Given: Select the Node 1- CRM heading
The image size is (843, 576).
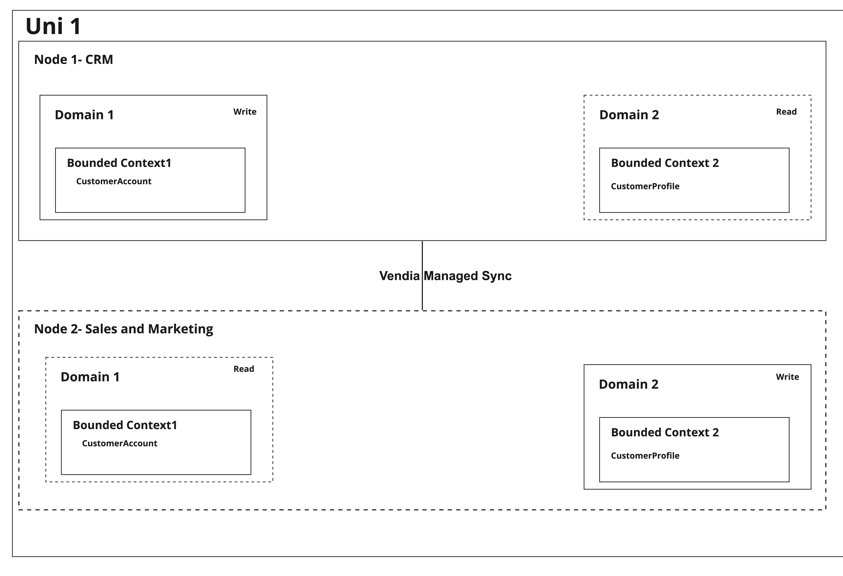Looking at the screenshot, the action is tap(74, 59).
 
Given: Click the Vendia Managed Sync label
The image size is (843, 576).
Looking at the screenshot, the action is tap(445, 276).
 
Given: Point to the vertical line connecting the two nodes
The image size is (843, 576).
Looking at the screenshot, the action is tap(422, 276).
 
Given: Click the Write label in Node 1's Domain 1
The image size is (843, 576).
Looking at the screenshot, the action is tap(245, 112).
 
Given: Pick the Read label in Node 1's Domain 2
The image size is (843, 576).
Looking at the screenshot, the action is tap(786, 112).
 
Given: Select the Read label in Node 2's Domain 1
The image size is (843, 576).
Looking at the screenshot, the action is tap(244, 369).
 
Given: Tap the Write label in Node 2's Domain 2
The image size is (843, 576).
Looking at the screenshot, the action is tap(788, 377).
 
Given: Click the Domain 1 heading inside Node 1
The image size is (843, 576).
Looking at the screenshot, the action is tap(85, 115).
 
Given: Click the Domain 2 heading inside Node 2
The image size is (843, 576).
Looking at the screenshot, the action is tap(629, 384).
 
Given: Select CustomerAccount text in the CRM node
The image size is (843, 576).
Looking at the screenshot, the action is tap(114, 181).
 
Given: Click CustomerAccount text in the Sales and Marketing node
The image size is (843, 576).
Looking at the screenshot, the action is tap(120, 443).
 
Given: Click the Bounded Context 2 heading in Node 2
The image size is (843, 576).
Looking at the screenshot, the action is tap(665, 432).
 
